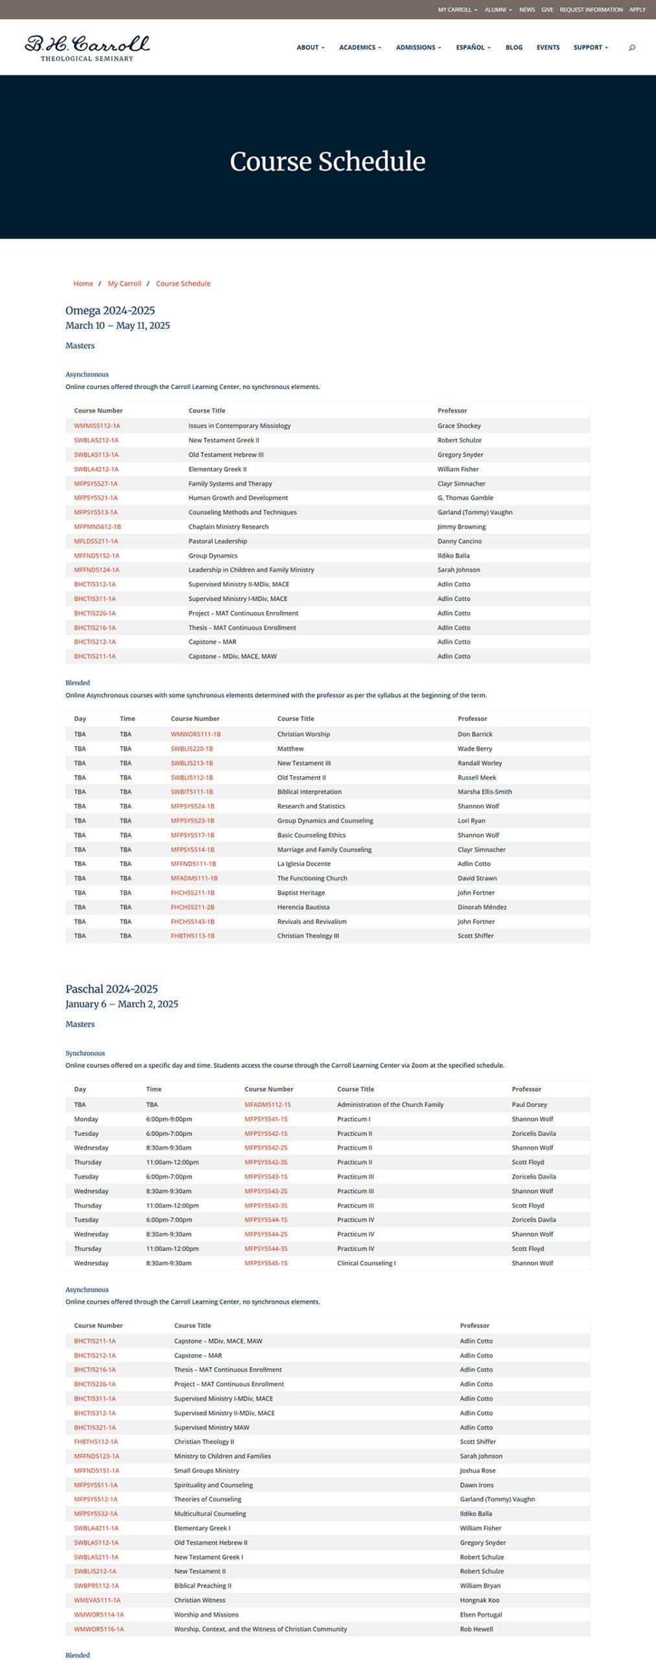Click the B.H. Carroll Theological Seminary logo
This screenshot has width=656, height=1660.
click(87, 48)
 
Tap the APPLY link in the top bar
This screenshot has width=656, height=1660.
click(637, 10)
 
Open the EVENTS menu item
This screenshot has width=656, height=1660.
click(548, 47)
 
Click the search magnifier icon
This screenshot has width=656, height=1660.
click(632, 47)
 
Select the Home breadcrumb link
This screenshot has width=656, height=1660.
click(83, 283)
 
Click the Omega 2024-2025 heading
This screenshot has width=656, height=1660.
click(110, 311)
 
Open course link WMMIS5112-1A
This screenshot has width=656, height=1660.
click(97, 426)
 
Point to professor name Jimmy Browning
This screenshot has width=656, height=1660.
click(462, 527)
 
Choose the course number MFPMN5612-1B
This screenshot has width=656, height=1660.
click(97, 527)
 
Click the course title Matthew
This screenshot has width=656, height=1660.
click(290, 748)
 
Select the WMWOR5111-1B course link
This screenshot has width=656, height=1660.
click(196, 734)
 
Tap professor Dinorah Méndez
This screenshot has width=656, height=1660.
click(482, 907)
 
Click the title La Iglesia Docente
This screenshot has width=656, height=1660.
click(304, 864)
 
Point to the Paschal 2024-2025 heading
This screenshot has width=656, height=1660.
click(111, 989)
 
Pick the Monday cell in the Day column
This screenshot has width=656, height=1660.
click(86, 1119)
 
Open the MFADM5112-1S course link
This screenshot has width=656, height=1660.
click(268, 1104)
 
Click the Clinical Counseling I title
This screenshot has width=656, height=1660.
click(366, 1263)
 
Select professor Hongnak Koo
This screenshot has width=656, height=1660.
click(479, 1600)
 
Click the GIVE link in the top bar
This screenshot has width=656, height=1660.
click(547, 10)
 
